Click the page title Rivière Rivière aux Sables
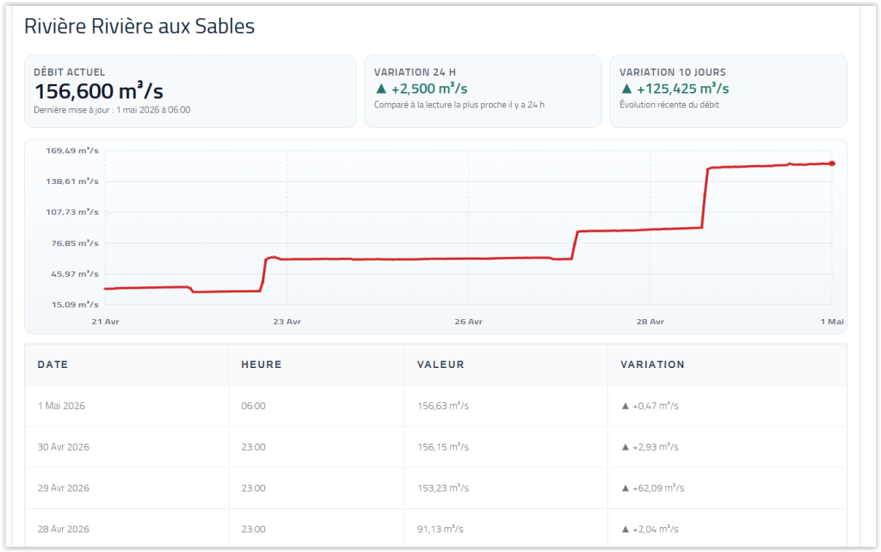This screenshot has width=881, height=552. pos(139,27)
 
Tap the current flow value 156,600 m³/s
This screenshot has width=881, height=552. pos(99,91)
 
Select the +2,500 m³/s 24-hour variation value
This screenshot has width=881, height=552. pos(429,89)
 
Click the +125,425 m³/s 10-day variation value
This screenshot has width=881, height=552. pos(682,89)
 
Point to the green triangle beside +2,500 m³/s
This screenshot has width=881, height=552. pos(381,89)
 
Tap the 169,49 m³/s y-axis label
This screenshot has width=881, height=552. pos(72,150)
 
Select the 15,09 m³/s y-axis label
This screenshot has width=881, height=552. pos(75,304)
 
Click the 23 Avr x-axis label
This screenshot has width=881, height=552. pos(286,322)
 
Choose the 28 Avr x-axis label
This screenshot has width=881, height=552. pos(650,322)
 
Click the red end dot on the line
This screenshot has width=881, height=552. pos(832,163)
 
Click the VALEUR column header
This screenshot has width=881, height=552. pos(440,365)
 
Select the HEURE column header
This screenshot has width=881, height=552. pos(262,365)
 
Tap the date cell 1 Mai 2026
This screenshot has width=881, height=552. pos(61,406)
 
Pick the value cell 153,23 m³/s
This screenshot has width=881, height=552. pos(443,488)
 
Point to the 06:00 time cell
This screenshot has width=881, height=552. pos(254,406)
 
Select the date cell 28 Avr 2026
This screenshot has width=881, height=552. pos(64,529)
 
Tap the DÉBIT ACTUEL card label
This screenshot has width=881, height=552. pos(69,72)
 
